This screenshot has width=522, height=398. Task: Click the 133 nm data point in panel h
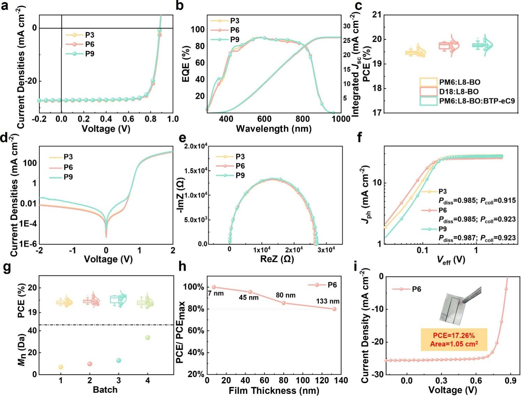point(334,309)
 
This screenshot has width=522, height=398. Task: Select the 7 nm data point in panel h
point(214,287)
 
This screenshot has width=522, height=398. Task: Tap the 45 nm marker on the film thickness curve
point(250,292)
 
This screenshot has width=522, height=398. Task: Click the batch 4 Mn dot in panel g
point(148,337)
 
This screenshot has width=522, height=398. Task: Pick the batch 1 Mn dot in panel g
point(61,367)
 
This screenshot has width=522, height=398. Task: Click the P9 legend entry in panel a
point(89,54)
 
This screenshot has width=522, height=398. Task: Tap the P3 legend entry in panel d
point(68,157)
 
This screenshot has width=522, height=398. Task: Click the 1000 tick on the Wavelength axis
point(341,119)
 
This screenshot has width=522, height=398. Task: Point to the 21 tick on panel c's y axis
point(377,15)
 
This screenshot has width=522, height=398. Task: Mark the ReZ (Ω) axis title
point(277,259)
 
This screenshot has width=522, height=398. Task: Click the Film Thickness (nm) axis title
point(274,391)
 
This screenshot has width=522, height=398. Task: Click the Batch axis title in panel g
point(105,390)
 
